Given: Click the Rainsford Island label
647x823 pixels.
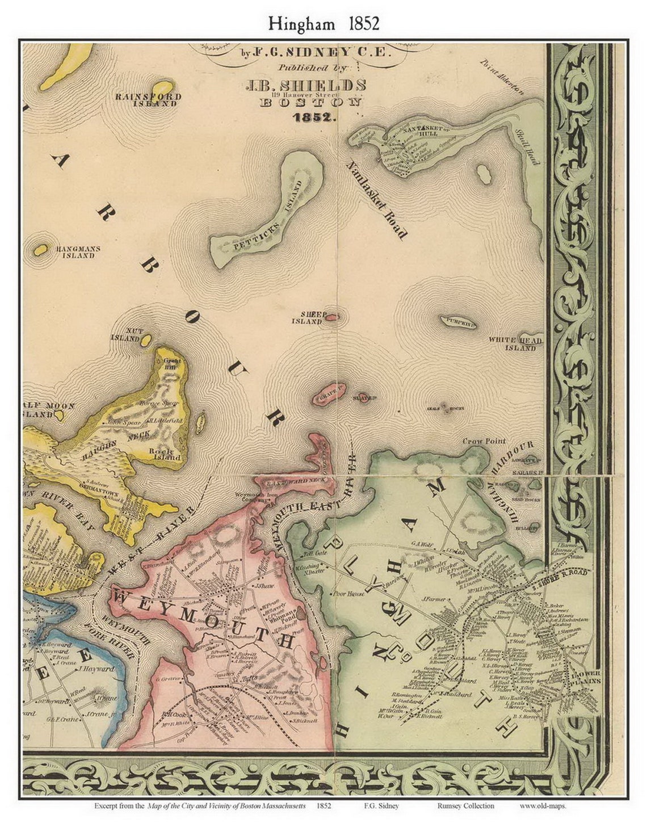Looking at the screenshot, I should pyautogui.click(x=148, y=100).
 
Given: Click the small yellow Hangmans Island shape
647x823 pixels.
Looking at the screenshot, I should pyautogui.click(x=40, y=250).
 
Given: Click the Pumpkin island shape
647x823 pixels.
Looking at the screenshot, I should pyautogui.click(x=457, y=322).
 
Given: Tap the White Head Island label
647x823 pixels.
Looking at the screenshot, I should pyautogui.click(x=516, y=343).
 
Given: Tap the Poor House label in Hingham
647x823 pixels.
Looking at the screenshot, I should pyautogui.click(x=347, y=594).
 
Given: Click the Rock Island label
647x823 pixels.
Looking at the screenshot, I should pyautogui.click(x=166, y=454).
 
